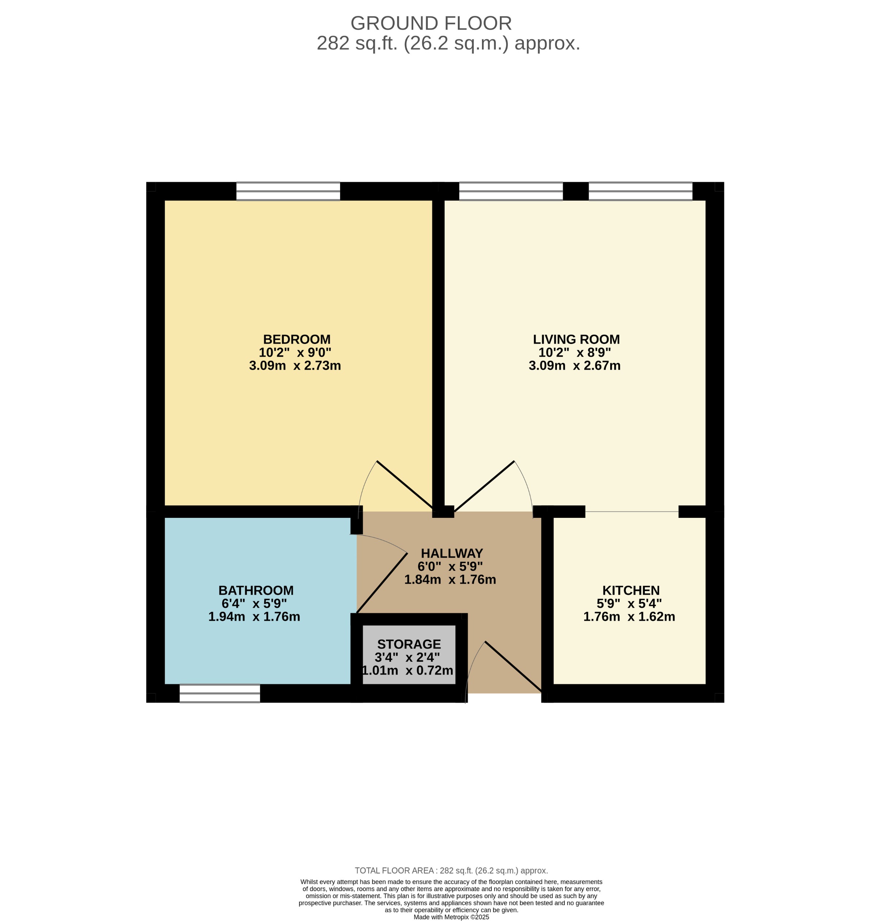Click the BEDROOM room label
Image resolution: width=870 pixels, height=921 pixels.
(x=297, y=340)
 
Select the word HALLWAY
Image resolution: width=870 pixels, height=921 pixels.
(x=452, y=553)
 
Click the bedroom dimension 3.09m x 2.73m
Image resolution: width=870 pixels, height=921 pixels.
(x=295, y=366)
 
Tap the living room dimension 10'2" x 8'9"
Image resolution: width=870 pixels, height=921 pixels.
(x=575, y=353)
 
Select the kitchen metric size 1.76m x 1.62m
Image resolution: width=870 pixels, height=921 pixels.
(x=629, y=617)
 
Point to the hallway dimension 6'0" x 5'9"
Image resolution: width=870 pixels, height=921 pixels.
(x=450, y=567)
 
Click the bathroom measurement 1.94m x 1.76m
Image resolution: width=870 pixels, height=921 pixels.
(x=254, y=617)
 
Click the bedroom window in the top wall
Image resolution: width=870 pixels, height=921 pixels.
(x=288, y=191)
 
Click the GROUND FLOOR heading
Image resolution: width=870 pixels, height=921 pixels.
(x=431, y=23)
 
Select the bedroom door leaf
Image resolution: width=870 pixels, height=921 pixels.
(x=405, y=485)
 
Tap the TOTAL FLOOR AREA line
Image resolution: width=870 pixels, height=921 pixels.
(x=451, y=871)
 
